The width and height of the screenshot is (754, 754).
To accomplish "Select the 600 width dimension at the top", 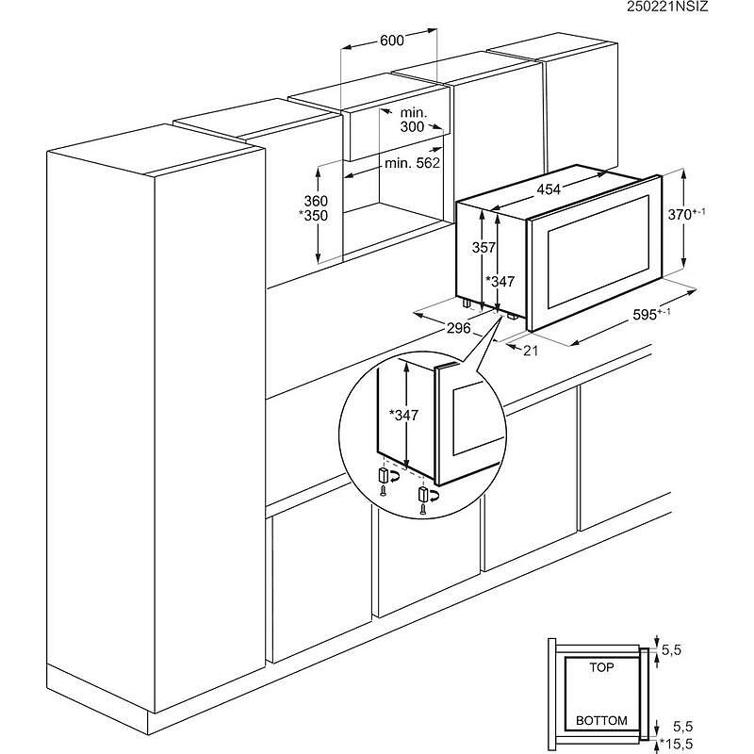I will [x=392, y=41].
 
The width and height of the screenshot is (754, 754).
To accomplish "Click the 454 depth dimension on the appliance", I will [x=549, y=189].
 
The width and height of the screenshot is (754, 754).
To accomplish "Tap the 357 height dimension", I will [x=483, y=248].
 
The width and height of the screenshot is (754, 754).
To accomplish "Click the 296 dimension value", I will [x=459, y=327].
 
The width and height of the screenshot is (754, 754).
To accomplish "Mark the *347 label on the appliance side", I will [x=501, y=282].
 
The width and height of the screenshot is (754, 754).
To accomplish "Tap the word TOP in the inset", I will [x=600, y=666].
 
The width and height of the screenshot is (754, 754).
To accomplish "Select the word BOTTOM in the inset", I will [x=600, y=721].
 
